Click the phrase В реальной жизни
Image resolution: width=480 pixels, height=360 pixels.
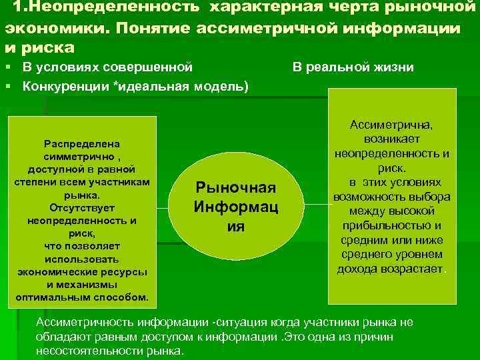coord(352,67)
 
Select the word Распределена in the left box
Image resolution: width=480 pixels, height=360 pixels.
coord(81,143)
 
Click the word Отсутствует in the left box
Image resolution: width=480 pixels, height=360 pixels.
coord(81,207)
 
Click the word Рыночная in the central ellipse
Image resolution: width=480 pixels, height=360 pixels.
coord(236,189)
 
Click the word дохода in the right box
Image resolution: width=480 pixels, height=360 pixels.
coord(359,269)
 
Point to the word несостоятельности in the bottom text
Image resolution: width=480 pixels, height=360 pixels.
coord(86,351)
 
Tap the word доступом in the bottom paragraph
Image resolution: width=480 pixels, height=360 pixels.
coord(160,337)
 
